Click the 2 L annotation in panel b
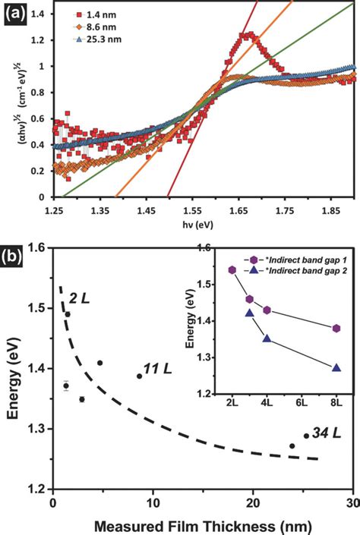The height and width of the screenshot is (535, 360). [x=79, y=296]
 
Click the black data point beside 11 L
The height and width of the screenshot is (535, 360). [x=139, y=376]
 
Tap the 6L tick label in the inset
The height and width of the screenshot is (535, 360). [x=302, y=401]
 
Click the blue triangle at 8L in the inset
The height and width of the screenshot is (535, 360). [x=336, y=367]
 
